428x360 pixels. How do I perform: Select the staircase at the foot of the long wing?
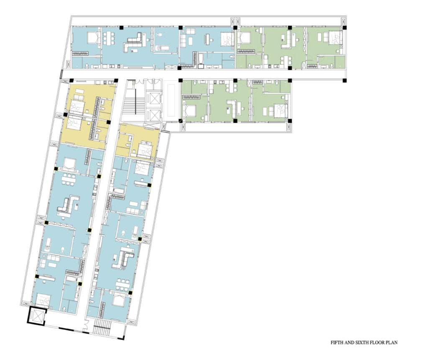point(102,327)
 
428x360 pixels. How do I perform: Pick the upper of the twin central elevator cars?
point(152,98)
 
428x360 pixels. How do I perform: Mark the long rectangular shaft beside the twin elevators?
point(171,101)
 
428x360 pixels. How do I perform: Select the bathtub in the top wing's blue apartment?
point(201,61)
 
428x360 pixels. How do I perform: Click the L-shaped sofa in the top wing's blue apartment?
point(133,42)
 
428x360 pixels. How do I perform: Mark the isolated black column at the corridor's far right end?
point(344,81)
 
